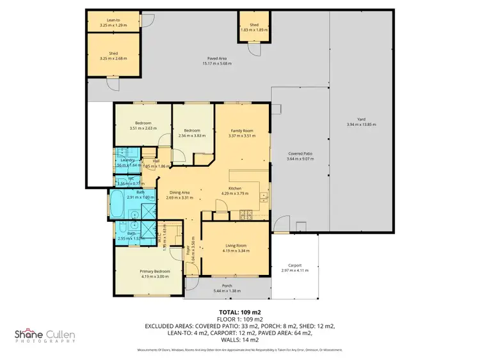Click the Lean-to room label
click(x=113, y=20)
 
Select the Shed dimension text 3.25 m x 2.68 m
click(x=113, y=58)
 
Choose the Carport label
click(x=294, y=265)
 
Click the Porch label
click(x=227, y=286)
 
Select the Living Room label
click(x=236, y=246)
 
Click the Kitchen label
click(x=235, y=188)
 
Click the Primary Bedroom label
click(x=154, y=271)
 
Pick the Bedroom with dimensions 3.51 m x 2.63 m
click(x=143, y=125)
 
